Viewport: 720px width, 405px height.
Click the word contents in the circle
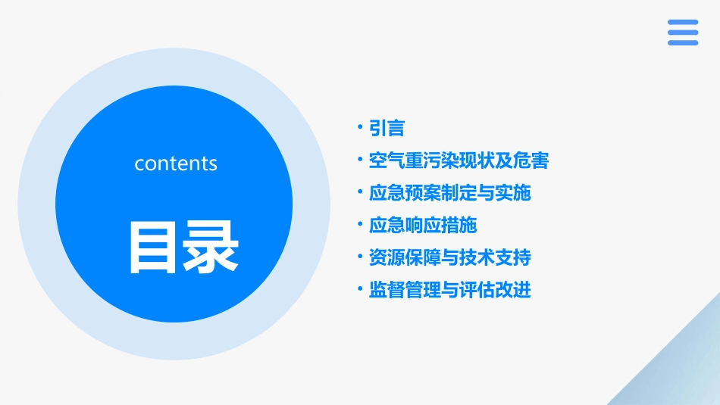coord(176,164)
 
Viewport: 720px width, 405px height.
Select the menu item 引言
coord(387,129)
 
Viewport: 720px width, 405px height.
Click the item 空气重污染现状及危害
coord(459,160)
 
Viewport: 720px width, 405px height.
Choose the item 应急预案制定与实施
coord(449,193)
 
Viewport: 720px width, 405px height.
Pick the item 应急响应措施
coord(422,225)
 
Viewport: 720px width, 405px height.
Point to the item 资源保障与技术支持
coord(449,257)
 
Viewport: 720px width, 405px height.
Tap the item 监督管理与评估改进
coord(449,290)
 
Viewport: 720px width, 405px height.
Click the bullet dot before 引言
coord(360,128)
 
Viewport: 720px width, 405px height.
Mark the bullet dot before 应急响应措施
coord(360,225)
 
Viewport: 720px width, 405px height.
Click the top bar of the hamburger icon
coord(683,22)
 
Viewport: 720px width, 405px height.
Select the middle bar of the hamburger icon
coord(683,33)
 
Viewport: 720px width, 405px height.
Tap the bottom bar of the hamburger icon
coord(683,43)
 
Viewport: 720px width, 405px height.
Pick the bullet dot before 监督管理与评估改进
coord(360,289)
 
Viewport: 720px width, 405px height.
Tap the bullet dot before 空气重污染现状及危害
coord(360,160)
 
